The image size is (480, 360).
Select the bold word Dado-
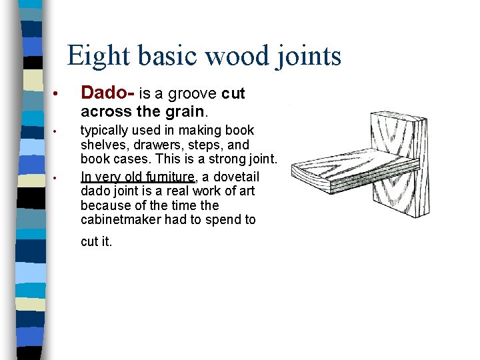(107, 94)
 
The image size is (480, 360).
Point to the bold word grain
(179, 111)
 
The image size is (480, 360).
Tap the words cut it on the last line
(96, 242)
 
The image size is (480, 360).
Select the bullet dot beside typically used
(59, 131)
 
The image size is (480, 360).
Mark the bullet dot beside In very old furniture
(59, 177)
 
